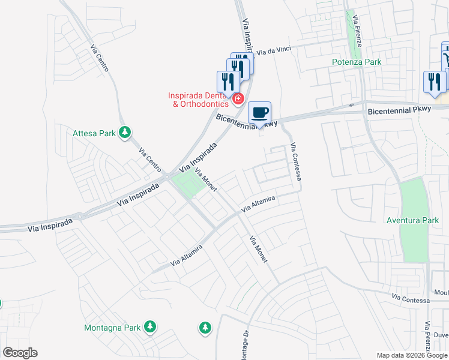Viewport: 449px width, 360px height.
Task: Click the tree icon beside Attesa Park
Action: (x=125, y=132)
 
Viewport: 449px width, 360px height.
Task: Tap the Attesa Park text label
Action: (x=94, y=133)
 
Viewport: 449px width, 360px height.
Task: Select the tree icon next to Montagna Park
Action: (x=149, y=327)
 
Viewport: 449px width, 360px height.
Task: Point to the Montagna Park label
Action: (x=112, y=328)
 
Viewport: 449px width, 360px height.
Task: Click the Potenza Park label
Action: (x=357, y=62)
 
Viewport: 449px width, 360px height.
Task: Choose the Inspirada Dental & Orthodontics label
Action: (x=198, y=99)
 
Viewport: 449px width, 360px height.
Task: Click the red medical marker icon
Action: (x=238, y=98)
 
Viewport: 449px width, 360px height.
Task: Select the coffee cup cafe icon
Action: (x=259, y=112)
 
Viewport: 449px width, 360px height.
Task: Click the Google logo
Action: (x=20, y=353)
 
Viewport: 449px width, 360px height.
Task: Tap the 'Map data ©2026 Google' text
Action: (x=412, y=355)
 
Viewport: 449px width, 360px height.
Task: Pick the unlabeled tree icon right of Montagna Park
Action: (x=205, y=328)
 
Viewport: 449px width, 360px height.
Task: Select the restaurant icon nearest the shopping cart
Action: (x=435, y=81)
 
